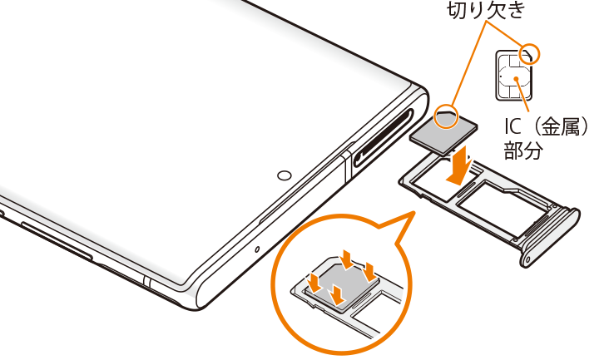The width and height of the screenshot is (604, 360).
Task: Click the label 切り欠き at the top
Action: click(486, 10)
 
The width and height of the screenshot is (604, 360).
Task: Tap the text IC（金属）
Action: click(547, 126)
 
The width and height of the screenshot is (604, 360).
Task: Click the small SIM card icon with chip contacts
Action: click(514, 76)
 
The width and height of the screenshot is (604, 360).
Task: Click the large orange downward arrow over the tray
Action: click(458, 165)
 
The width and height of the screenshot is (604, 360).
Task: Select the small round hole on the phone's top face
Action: click(285, 175)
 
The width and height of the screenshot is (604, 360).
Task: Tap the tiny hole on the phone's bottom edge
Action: click(257, 249)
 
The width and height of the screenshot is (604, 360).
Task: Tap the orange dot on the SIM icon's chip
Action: click(516, 79)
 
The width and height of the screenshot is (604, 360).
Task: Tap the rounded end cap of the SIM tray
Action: click(551, 237)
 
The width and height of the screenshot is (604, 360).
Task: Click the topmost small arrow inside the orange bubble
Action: click(347, 259)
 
